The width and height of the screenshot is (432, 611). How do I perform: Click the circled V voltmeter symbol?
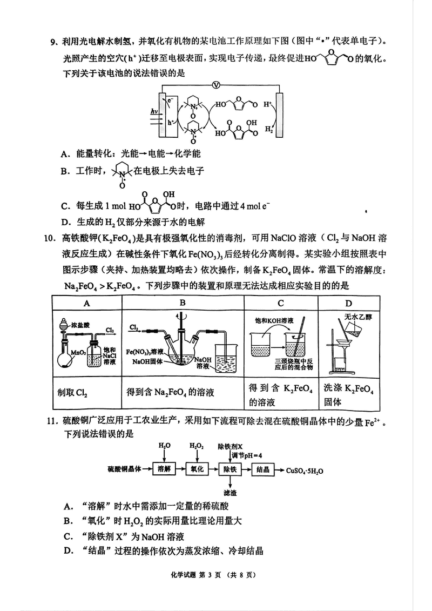pos(216,84)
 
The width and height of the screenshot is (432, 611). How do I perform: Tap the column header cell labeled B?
pos(183,303)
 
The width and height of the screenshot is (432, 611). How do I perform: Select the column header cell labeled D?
pos(348,303)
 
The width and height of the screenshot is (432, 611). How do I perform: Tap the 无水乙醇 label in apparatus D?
pos(355,317)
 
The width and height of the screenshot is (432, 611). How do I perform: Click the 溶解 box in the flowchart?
pos(164,469)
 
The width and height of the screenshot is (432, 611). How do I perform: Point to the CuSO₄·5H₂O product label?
pos(305,470)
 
